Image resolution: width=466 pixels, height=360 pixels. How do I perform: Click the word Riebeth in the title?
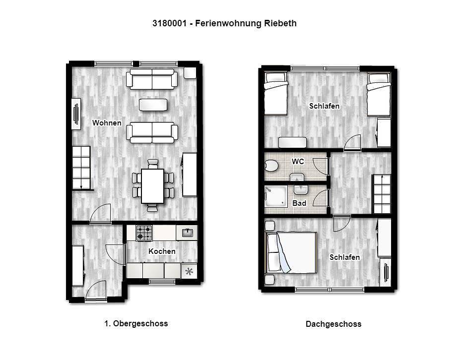[280, 23]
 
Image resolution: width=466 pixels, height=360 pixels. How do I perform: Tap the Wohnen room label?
[107, 122]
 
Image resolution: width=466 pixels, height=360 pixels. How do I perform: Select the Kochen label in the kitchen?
[162, 251]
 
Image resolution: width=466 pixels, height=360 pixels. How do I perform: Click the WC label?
[298, 161]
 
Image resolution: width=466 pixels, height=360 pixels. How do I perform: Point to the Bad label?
[299, 203]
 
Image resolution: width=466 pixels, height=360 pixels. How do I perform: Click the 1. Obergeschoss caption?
[136, 323]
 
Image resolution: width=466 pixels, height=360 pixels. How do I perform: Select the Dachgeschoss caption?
[333, 324]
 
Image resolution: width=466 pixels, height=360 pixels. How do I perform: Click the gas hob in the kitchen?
[144, 233]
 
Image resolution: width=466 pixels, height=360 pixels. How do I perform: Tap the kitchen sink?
[187, 233]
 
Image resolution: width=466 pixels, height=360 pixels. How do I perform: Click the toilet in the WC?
[271, 166]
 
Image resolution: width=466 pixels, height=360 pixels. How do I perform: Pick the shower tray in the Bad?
[276, 196]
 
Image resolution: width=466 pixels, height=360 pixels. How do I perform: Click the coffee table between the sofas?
[153, 105]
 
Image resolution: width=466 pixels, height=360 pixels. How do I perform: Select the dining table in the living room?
[153, 186]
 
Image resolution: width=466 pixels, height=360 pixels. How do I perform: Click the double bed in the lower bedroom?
[291, 253]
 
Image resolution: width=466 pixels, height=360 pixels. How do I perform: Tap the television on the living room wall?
[76, 114]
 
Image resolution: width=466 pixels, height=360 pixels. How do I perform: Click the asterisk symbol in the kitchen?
[189, 271]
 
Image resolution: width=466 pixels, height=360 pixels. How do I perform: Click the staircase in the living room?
[81, 168]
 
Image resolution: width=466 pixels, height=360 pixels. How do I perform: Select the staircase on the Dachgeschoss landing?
[382, 194]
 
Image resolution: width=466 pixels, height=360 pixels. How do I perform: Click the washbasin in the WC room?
[297, 178]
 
